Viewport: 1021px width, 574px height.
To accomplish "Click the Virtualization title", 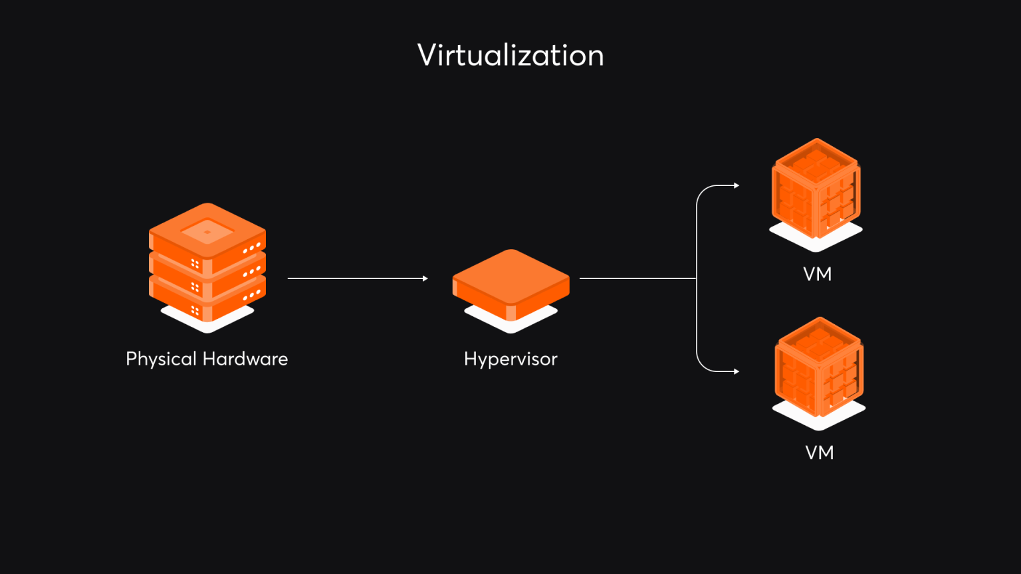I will [510, 55].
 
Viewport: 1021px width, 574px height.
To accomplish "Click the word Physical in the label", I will [162, 359].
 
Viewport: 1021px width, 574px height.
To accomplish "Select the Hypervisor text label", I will [510, 359].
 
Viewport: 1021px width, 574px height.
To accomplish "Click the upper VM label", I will [817, 274].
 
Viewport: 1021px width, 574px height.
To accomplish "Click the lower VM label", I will [819, 452].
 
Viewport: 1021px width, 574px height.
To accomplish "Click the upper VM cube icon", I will [816, 189].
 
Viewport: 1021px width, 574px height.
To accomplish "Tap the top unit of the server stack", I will [207, 239].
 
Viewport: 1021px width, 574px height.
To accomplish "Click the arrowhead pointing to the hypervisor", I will [425, 278].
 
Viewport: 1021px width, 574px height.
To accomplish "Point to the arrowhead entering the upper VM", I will [737, 186].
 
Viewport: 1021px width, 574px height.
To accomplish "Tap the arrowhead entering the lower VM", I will [737, 371].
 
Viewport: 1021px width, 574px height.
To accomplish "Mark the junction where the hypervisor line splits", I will [696, 278].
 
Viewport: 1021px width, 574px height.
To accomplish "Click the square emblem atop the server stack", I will [207, 232].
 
